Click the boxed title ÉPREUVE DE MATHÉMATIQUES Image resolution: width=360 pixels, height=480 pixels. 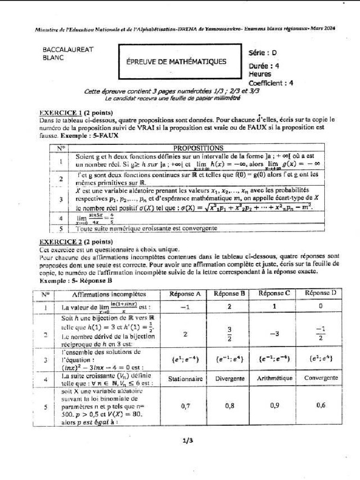coord(176,61)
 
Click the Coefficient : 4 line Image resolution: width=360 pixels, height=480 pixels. coord(271,83)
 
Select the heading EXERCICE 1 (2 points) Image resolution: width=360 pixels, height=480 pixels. coord(75,113)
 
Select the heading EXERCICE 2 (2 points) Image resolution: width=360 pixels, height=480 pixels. coord(75,242)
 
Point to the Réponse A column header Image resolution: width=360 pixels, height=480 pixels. coord(185,294)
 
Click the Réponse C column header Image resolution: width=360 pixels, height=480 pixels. coord(274,293)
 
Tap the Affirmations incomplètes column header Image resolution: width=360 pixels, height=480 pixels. coord(109,294)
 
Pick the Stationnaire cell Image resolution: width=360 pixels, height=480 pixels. coord(185,378)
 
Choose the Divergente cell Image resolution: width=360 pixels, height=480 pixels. coord(230,378)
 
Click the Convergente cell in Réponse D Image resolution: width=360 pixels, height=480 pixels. coord(321,378)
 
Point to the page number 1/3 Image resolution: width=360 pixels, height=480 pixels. coord(187,440)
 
